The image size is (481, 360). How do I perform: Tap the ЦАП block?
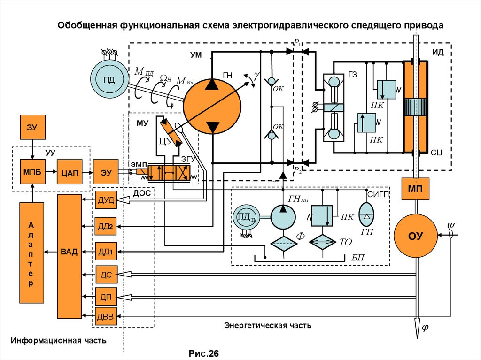(x=69, y=172)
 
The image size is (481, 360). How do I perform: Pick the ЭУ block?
(x=106, y=172)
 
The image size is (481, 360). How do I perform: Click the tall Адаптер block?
(x=31, y=252)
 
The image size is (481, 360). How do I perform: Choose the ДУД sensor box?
(x=104, y=200)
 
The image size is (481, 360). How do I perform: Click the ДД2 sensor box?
(x=104, y=227)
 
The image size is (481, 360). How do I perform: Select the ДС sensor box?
(x=104, y=275)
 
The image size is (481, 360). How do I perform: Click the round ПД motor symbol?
(x=109, y=79)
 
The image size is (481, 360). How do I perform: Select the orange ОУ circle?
(x=415, y=236)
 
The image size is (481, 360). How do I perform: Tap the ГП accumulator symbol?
(x=366, y=214)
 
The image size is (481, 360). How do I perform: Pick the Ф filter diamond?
(x=284, y=243)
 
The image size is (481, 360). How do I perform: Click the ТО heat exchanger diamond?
(x=323, y=243)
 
